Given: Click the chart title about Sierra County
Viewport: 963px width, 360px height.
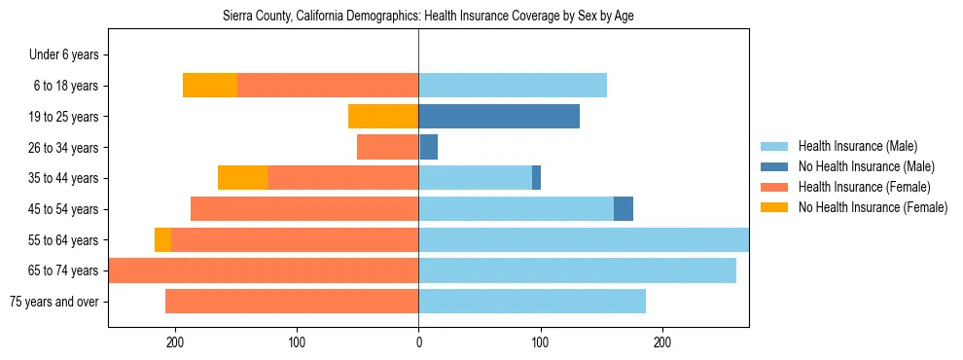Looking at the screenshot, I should click(429, 17).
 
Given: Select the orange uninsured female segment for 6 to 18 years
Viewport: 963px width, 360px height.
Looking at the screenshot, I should click(210, 86).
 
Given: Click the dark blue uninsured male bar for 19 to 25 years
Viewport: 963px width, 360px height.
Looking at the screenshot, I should click(499, 117).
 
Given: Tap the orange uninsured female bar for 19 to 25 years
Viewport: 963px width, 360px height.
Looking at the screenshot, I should click(383, 117).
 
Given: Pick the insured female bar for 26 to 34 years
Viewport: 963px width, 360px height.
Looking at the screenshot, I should click(387, 147).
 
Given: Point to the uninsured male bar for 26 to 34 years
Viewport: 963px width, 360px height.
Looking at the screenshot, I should click(429, 147).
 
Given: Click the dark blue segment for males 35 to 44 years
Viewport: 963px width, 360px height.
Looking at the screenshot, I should click(536, 178).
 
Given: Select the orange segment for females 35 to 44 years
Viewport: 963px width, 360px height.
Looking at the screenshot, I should click(242, 178).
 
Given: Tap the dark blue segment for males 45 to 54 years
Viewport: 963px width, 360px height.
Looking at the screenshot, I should click(624, 209).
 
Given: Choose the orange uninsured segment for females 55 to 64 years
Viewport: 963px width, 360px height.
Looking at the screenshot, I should click(162, 240).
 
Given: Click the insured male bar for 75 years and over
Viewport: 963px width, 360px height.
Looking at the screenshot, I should click(532, 302).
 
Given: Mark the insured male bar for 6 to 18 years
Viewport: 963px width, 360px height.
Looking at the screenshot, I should click(513, 86).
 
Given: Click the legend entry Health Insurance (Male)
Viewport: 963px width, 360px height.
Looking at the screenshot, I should click(866, 146).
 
